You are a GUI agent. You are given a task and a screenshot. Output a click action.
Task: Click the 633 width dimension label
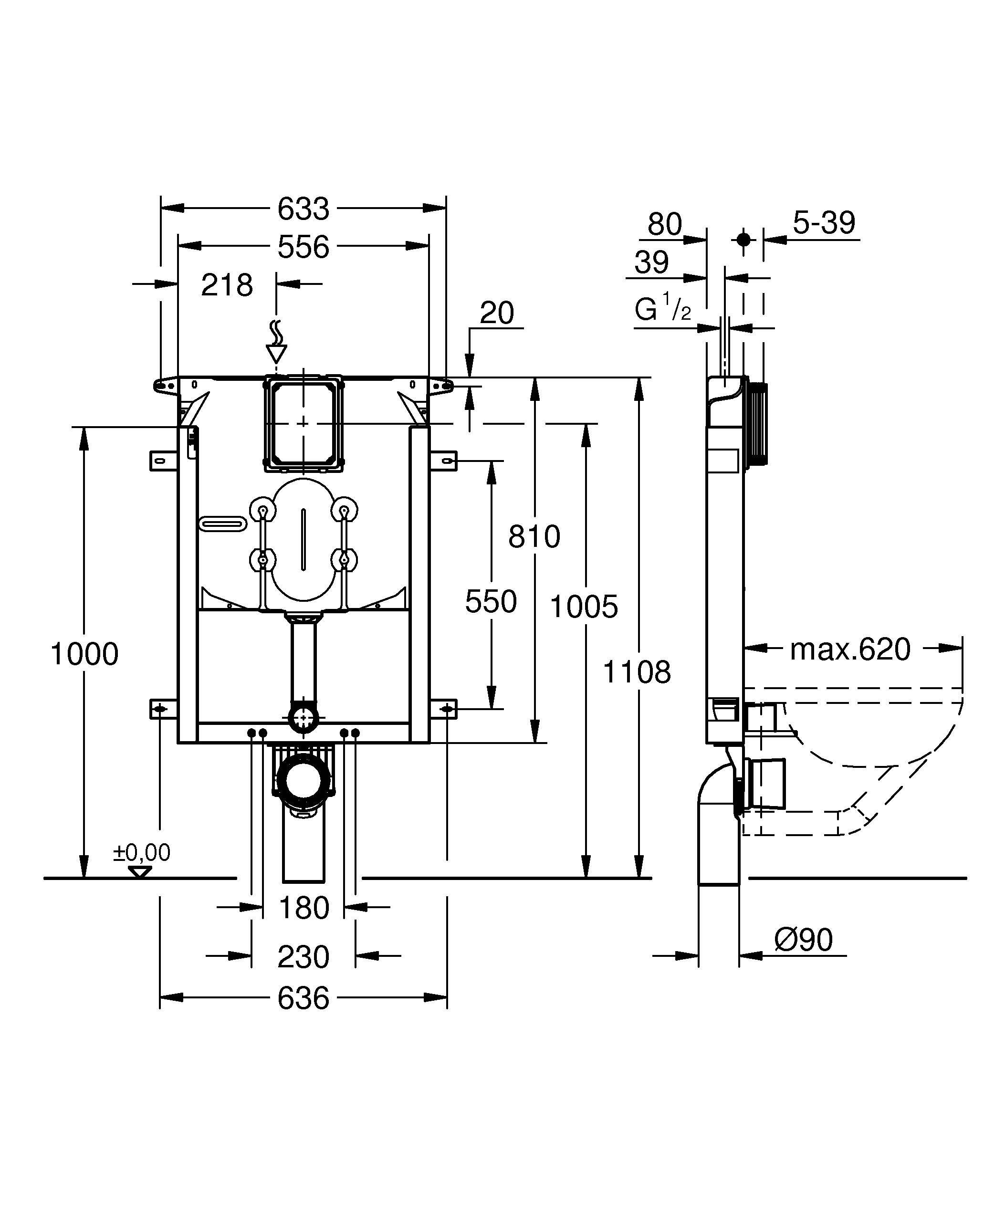point(303,209)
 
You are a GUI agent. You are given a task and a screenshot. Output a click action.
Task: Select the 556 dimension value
point(303,247)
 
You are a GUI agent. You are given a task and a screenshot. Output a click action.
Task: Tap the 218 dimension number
point(227,285)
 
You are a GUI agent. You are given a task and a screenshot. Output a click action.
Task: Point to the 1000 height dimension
point(85,654)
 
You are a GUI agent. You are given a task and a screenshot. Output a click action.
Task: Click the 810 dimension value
point(534,537)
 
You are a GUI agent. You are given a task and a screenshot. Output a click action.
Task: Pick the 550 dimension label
point(491,602)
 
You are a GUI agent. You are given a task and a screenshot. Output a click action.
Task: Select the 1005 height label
point(584,607)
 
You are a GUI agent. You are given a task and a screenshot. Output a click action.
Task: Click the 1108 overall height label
point(637,672)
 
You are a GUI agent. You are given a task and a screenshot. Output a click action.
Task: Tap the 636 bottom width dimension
point(303,998)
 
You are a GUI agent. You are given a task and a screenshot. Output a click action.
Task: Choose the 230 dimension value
point(303,956)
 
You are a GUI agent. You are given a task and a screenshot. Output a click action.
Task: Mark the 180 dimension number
point(303,908)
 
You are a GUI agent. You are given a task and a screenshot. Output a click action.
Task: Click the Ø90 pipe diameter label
point(803,940)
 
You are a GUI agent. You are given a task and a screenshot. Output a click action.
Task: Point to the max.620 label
point(850,650)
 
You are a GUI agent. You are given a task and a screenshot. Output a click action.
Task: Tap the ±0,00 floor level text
point(142,853)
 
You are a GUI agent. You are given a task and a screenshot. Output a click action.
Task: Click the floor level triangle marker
point(140,871)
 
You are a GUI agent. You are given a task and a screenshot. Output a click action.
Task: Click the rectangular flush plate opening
point(304,423)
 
